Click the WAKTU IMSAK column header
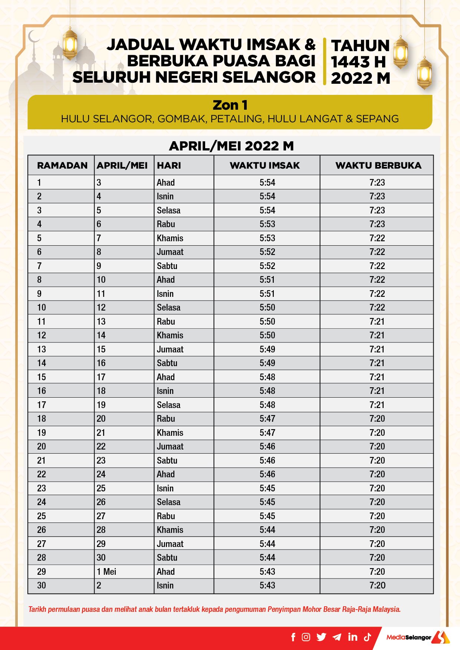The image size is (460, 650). [264, 165]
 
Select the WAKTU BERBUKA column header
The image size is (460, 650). [378, 165]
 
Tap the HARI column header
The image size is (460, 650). [169, 165]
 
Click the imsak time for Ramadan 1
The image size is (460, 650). [267, 182]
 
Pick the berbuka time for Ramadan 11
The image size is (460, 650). [377, 321]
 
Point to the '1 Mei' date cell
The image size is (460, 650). [106, 571]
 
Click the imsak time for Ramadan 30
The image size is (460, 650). [267, 585]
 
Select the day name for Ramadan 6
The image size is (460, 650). [170, 252]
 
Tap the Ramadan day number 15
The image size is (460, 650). [42, 377]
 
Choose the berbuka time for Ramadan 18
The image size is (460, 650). [377, 418]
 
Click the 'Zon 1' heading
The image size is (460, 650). [230, 105]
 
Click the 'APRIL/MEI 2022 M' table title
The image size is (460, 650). [231, 146]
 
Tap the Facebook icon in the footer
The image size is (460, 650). [293, 637]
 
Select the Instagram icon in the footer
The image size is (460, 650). [306, 637]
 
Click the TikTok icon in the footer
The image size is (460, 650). [367, 637]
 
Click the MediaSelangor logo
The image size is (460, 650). [417, 637]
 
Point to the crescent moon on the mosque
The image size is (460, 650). [33, 37]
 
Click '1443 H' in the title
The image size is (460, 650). [358, 62]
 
